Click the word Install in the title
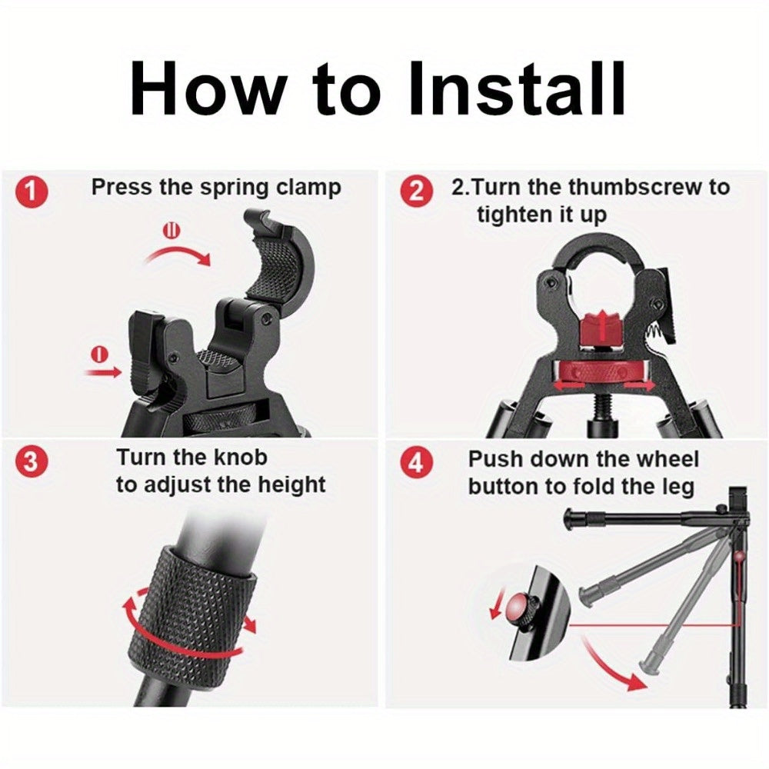(517, 88)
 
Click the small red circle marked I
(101, 354)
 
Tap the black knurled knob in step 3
(193, 613)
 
